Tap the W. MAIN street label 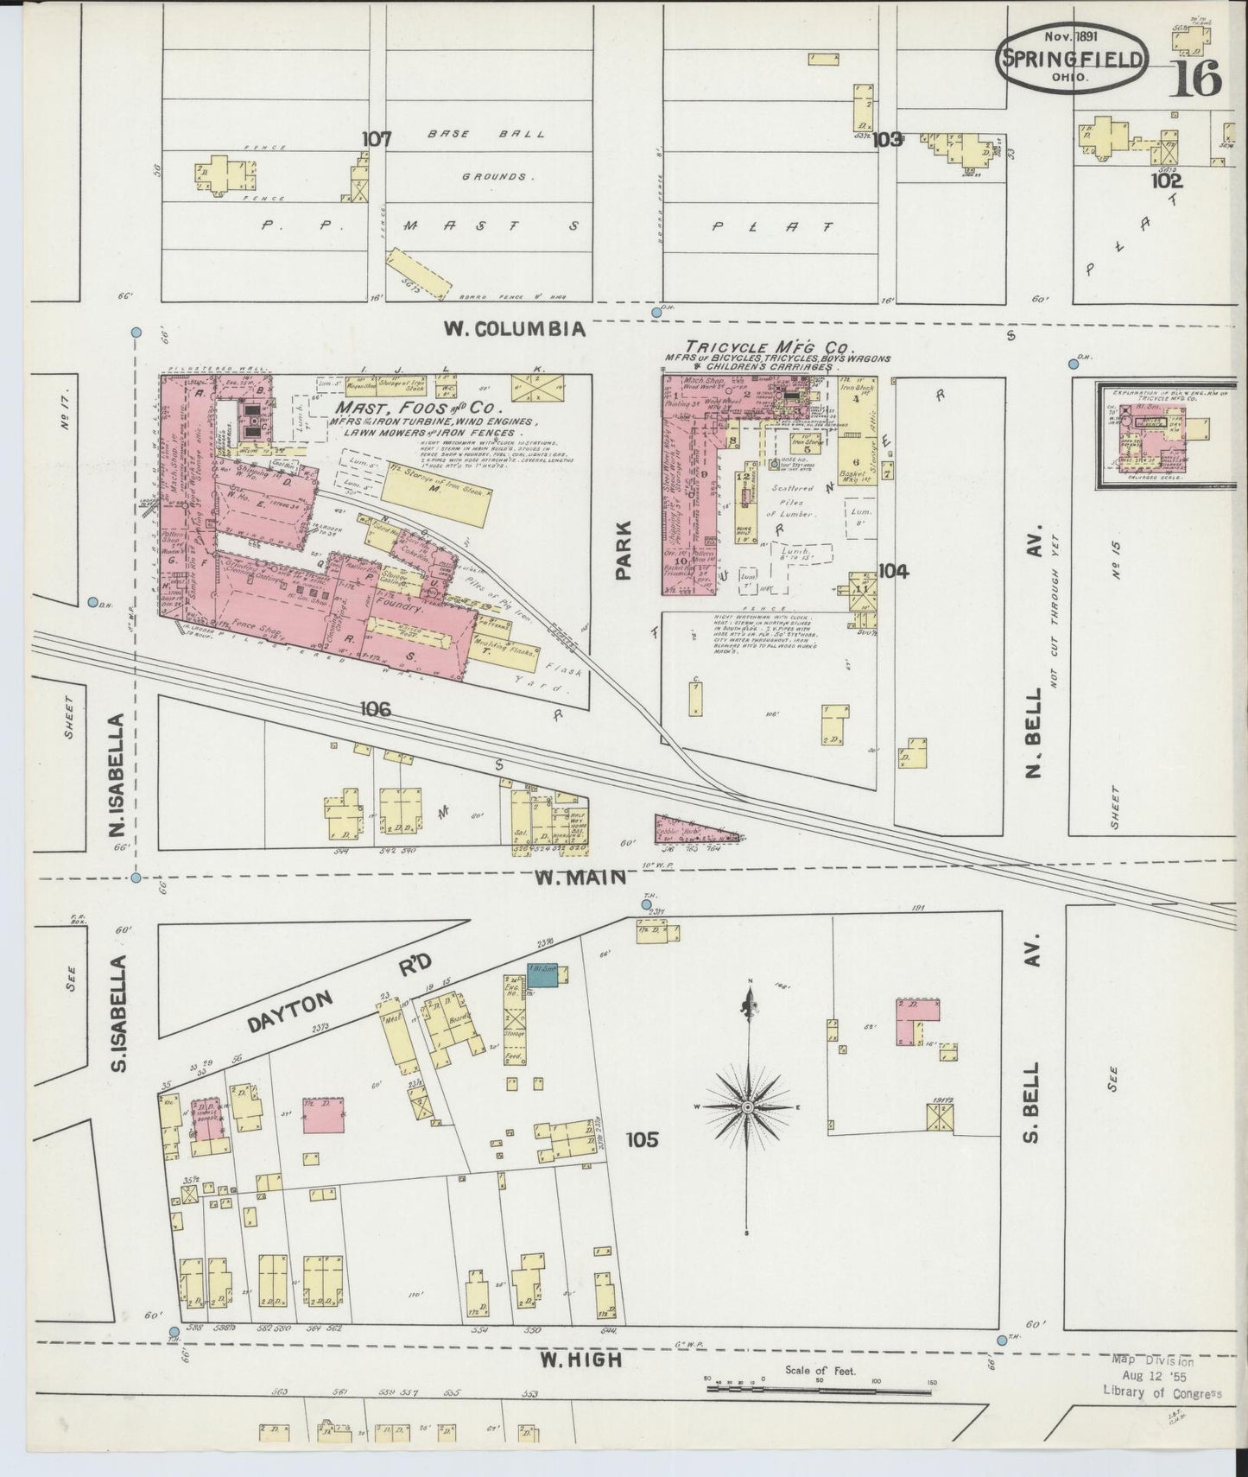tap(580, 878)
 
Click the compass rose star tap(748, 1106)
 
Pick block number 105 tap(643, 1139)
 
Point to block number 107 tap(377, 138)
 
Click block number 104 tap(893, 570)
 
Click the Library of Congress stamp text tap(1162, 1391)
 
